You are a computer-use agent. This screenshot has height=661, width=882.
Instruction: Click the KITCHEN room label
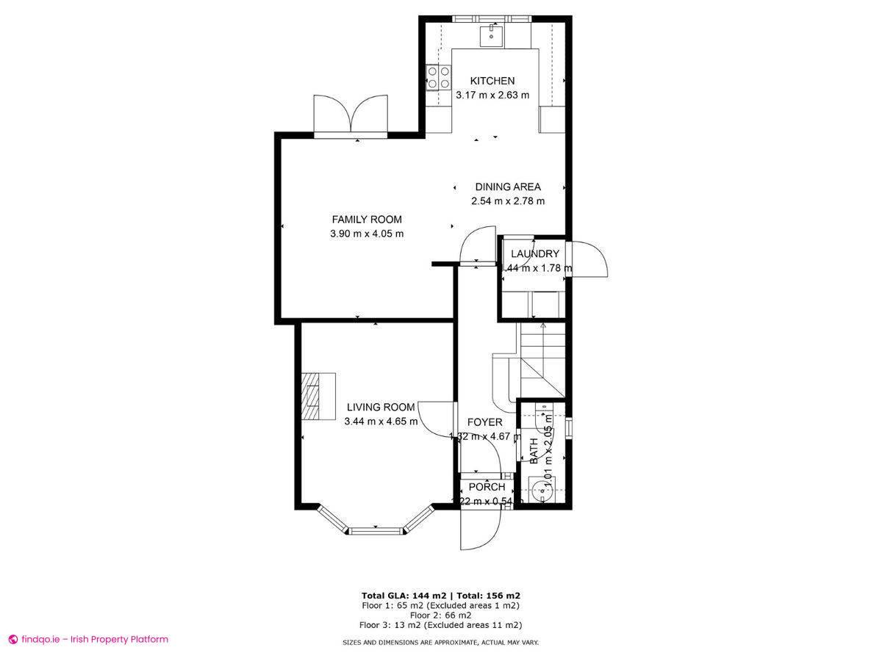point(492,81)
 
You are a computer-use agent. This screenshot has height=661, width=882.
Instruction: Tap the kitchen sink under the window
point(490,34)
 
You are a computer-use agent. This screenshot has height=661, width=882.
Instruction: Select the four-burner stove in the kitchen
point(439,77)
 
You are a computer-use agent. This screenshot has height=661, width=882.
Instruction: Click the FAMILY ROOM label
point(367,220)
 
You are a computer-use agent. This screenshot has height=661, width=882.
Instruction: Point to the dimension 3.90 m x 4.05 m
point(367,234)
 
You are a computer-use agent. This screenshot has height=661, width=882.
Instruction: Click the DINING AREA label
point(507,187)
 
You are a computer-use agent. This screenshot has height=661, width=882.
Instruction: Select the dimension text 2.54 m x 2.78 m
point(507,201)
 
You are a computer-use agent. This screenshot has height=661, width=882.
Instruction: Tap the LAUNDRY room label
point(535,254)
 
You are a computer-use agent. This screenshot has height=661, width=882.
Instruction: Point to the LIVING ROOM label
point(381,407)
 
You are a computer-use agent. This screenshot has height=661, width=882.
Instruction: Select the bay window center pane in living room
point(376,529)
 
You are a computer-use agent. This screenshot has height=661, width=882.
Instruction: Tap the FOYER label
point(485,422)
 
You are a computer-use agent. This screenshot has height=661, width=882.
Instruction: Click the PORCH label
point(487,487)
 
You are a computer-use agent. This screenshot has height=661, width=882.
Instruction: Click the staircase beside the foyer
point(542,360)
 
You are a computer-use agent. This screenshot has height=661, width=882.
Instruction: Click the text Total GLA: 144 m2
point(404,596)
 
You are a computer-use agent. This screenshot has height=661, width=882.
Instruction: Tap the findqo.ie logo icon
point(12,639)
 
